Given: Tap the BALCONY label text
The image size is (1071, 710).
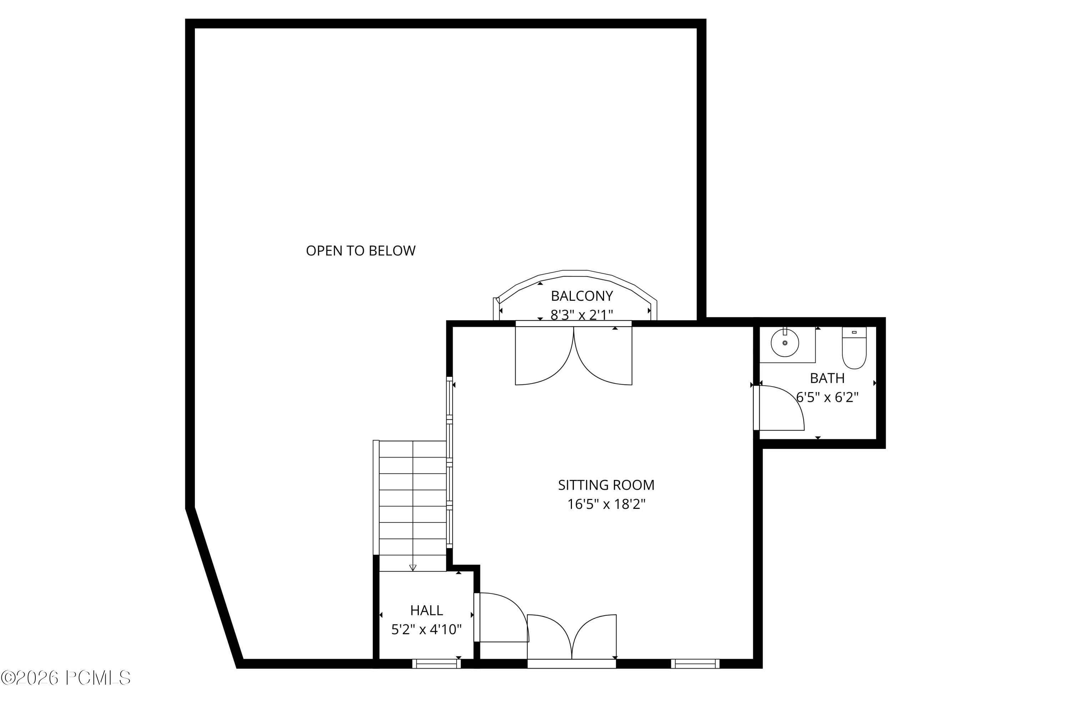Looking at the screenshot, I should pyautogui.click(x=581, y=296).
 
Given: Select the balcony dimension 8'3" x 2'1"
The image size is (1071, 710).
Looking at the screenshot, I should pyautogui.click(x=581, y=314).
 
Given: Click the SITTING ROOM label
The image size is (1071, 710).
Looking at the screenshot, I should pyautogui.click(x=606, y=485).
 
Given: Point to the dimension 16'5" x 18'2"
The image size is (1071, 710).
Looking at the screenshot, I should pyautogui.click(x=606, y=504).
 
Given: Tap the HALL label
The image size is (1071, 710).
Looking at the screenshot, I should pyautogui.click(x=426, y=610).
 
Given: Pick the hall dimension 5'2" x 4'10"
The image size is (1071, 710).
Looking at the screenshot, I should pyautogui.click(x=426, y=629).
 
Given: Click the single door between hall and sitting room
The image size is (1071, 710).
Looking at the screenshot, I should pyautogui.click(x=502, y=619).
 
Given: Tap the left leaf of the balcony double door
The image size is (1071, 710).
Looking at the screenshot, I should pyautogui.click(x=543, y=358).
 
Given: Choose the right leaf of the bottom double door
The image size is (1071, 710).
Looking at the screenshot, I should pyautogui.click(x=594, y=636).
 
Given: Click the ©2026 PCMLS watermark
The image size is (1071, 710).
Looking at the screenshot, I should pyautogui.click(x=66, y=678).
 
